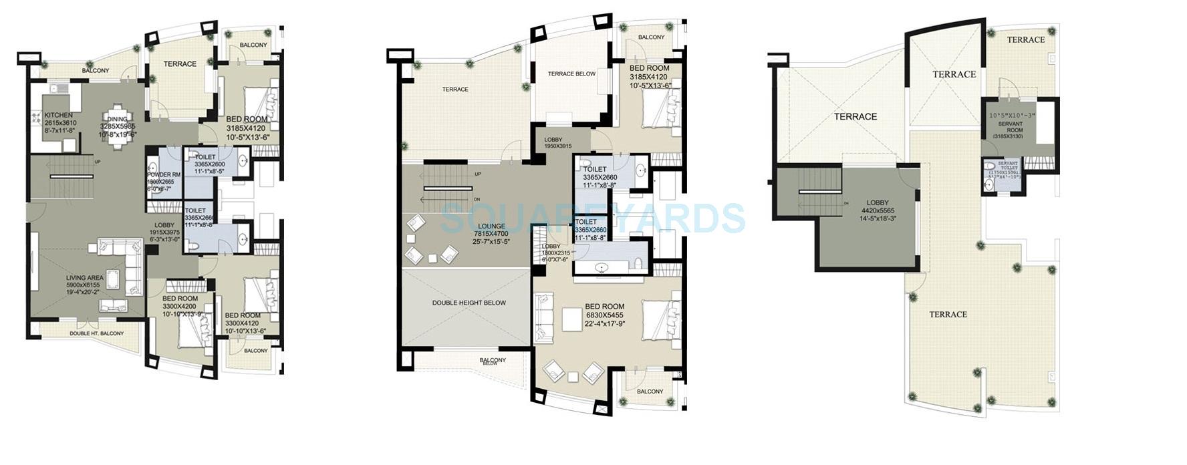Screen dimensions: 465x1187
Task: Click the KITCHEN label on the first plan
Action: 58,115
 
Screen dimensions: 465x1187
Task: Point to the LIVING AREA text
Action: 84,277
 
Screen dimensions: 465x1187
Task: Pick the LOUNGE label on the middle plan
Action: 491,226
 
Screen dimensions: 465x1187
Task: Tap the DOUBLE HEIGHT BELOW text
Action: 469,303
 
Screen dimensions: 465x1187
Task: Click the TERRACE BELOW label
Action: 571,74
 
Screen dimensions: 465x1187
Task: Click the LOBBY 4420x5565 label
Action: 878,202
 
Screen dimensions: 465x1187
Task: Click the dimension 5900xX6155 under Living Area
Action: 84,285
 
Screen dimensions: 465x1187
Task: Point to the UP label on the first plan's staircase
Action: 98,161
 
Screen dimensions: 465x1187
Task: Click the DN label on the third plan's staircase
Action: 846,202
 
